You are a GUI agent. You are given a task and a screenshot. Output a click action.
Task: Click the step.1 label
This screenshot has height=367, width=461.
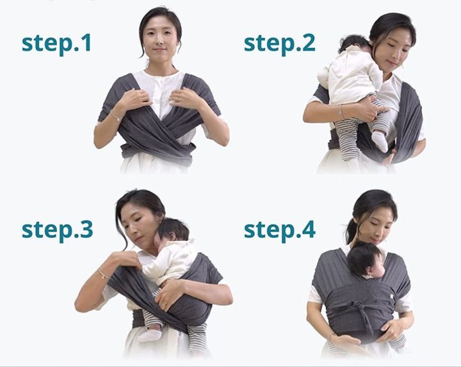point(56,44)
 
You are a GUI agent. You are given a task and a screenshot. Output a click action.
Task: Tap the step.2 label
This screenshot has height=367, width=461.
point(280,44)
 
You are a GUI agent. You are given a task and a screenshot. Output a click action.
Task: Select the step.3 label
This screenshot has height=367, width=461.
point(58,231)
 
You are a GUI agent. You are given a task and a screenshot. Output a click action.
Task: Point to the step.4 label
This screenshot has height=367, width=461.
point(280,231)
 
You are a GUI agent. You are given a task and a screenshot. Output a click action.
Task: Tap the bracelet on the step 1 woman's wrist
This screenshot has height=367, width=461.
point(115,116)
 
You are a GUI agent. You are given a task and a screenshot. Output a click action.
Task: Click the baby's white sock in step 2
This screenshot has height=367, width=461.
point(380,141)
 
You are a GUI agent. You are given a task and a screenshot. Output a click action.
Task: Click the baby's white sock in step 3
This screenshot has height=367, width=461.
point(150,334)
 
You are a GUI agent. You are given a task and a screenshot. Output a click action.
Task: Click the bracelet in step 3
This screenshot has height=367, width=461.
point(103,274)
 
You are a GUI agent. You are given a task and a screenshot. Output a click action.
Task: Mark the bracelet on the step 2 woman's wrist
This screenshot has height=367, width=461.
point(341,111)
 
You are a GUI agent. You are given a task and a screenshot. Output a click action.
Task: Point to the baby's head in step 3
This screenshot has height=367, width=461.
point(173,232)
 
